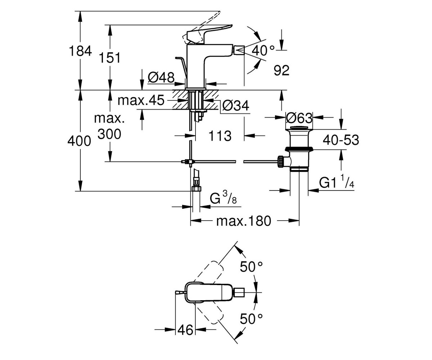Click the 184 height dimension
[x=80, y=51]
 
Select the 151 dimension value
[x=110, y=58]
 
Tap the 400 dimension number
[x=79, y=141]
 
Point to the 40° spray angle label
[x=263, y=50]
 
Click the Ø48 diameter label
[x=161, y=78]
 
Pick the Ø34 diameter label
[x=236, y=106]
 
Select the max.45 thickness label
[x=141, y=100]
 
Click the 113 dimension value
[x=220, y=136]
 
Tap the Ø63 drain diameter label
[x=299, y=118]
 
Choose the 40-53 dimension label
[x=341, y=140]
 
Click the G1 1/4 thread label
[x=337, y=181]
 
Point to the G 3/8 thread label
[x=223, y=197]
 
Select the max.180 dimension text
[x=243, y=221]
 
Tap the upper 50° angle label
[x=251, y=266]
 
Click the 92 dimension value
[x=282, y=70]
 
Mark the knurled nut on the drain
[x=281, y=162]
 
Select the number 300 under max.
[x=109, y=134]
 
